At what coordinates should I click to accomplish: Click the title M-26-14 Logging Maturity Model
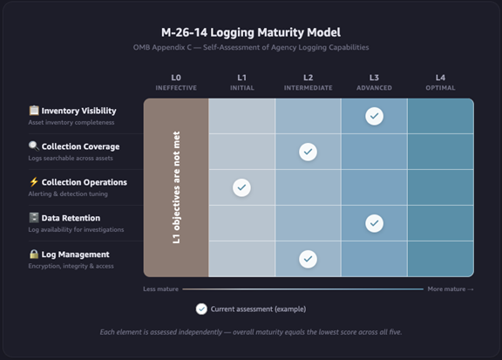coord(251,32)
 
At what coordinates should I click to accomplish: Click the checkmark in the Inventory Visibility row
coord(374,116)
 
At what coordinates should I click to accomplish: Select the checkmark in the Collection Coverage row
coord(308,152)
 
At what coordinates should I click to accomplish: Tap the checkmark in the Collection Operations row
coord(241,187)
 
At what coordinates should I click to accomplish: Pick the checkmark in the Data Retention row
coord(374,223)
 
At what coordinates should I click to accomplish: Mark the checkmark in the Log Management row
coord(308,259)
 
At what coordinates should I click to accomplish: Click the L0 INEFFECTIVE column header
coord(176,82)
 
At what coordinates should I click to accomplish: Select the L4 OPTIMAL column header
coord(440,82)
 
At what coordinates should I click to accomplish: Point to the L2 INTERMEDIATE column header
coord(308,82)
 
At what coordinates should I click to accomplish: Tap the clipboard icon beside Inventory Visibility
coord(34,110)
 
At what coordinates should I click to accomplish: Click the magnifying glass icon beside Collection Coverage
coord(34,146)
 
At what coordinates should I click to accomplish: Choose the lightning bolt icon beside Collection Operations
coord(34,182)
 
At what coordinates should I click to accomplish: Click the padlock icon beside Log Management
coord(34,254)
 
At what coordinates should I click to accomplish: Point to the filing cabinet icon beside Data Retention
coord(34,218)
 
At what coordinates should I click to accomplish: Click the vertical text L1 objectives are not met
coord(176,187)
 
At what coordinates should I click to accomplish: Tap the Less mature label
coord(160,289)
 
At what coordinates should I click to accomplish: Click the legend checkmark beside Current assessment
coord(201,309)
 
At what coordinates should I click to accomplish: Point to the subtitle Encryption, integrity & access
coord(71,266)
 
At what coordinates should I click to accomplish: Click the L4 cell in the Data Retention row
coord(440,223)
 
